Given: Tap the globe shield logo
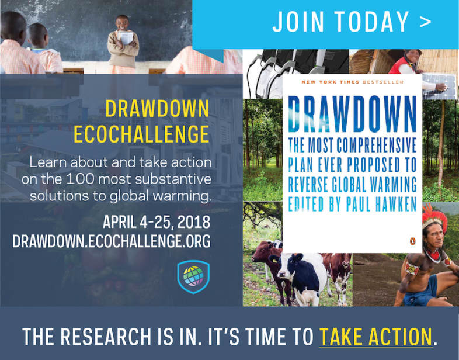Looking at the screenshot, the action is pyautogui.click(x=193, y=276).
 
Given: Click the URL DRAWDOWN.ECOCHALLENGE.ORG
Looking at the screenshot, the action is pyautogui.click(x=111, y=241).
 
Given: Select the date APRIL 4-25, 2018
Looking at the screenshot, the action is pyautogui.click(x=157, y=222).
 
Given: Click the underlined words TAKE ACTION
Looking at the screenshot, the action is pyautogui.click(x=376, y=337).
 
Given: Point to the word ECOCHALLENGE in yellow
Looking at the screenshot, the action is pyautogui.click(x=141, y=134).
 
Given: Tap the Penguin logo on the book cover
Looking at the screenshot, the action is pyautogui.click(x=413, y=241).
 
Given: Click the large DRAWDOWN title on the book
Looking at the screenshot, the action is pyautogui.click(x=352, y=113).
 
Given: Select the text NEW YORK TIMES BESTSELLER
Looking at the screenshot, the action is pyautogui.click(x=353, y=82).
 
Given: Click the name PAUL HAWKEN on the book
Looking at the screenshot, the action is pyautogui.click(x=381, y=204).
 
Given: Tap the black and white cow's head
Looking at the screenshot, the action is pyautogui.click(x=286, y=268).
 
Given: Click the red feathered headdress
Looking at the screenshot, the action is pyautogui.click(x=434, y=217).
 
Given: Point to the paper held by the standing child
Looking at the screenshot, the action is pyautogui.click(x=126, y=37).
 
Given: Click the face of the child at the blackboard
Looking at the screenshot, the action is pyautogui.click(x=122, y=23).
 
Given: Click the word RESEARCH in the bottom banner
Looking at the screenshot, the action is pyautogui.click(x=106, y=337).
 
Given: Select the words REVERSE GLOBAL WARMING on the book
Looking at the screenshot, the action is pyautogui.click(x=352, y=185).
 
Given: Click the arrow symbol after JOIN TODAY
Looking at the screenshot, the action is pyautogui.click(x=426, y=22).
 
